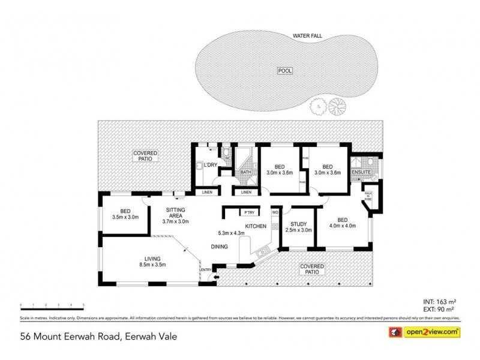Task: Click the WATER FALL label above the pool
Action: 307,36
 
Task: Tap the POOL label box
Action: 284,70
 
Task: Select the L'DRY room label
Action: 211,165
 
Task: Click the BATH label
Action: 246,173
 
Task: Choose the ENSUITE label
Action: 361,173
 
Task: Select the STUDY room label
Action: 298,224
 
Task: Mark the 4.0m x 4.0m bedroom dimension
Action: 343,226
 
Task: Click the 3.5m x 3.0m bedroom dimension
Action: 125,217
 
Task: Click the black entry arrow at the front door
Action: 217,277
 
